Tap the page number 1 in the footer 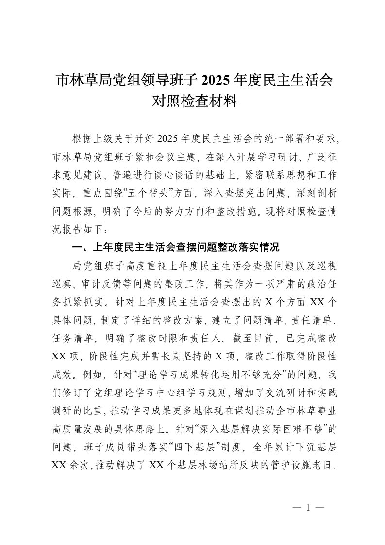308,507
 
